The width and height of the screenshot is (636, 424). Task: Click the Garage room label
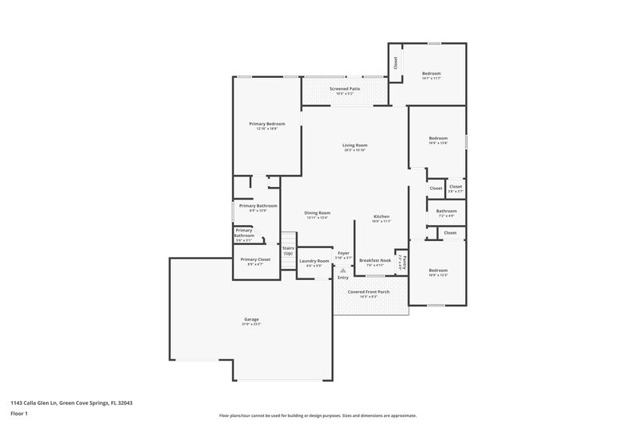pyautogui.click(x=251, y=320)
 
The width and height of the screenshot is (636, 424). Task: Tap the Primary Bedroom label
pyautogui.click(x=266, y=124)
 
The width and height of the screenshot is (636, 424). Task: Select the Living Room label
pyautogui.click(x=355, y=146)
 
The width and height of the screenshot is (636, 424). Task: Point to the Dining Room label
pyautogui.click(x=317, y=212)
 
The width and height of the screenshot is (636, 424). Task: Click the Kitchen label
pyautogui.click(x=382, y=216)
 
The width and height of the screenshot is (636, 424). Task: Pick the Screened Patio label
pyautogui.click(x=345, y=88)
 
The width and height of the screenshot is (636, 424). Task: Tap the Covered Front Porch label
pyautogui.click(x=367, y=292)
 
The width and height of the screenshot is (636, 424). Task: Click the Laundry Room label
pyautogui.click(x=314, y=261)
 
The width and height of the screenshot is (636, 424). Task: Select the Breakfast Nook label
pyautogui.click(x=374, y=260)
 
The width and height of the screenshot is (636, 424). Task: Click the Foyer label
pyautogui.click(x=343, y=253)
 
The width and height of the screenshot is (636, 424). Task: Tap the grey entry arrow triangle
pyautogui.click(x=343, y=270)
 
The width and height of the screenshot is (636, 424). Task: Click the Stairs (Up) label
pyautogui.click(x=288, y=251)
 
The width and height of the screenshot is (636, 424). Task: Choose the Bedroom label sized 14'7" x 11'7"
pyautogui.click(x=432, y=74)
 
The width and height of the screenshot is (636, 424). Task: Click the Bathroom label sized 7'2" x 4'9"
pyautogui.click(x=446, y=212)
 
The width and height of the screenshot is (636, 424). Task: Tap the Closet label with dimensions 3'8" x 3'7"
pyautogui.click(x=455, y=187)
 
